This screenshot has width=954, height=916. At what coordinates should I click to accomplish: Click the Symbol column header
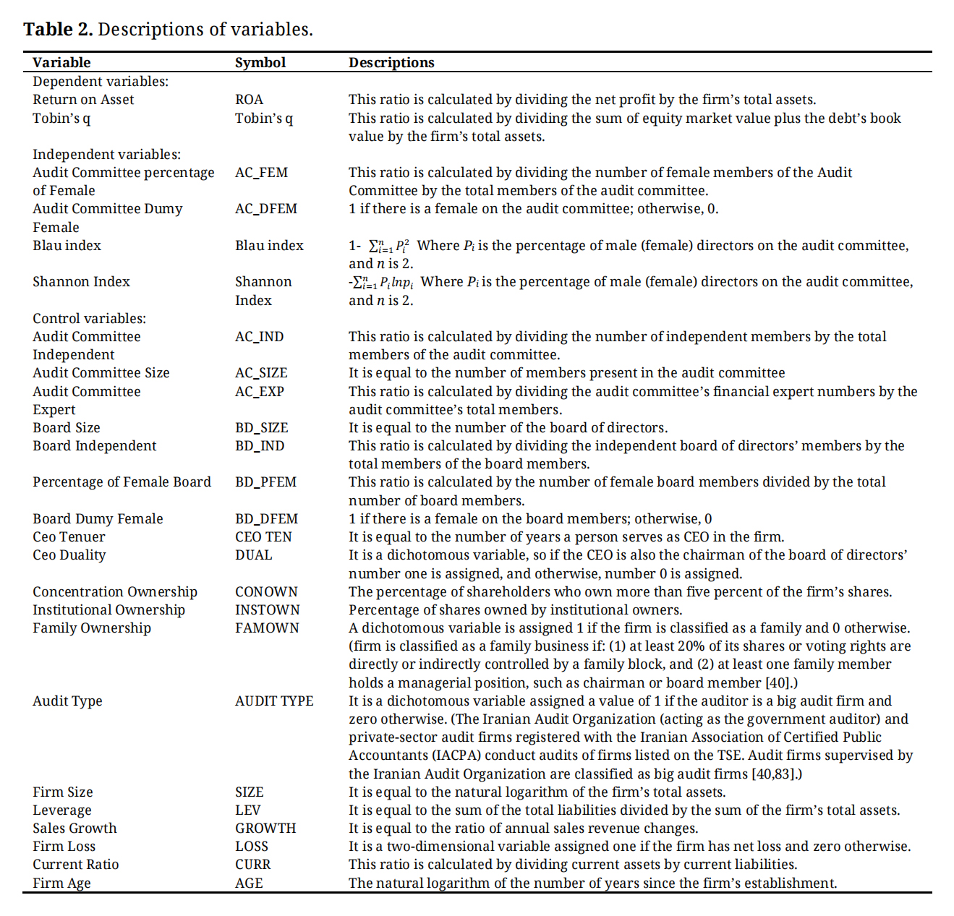tap(260, 62)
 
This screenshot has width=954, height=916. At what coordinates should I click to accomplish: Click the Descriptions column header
tap(391, 62)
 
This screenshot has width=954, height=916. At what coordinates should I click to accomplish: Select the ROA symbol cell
tap(249, 100)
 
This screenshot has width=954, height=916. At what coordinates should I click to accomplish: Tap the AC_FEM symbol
tap(261, 173)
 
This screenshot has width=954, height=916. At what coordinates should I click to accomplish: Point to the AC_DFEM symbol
tap(265, 209)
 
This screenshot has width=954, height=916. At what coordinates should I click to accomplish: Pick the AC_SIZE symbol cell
tap(261, 373)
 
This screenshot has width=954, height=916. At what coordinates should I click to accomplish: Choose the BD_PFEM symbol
tap(265, 482)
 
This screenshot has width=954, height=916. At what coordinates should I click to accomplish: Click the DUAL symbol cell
tap(253, 555)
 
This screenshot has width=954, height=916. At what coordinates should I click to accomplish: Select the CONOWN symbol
tap(266, 592)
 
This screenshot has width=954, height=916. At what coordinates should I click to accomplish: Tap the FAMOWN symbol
tap(267, 628)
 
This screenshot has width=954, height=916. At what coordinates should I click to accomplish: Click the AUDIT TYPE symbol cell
tap(274, 701)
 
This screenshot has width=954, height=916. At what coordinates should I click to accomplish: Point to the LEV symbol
tap(247, 810)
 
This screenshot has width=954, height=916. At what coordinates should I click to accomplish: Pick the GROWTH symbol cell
tap(265, 829)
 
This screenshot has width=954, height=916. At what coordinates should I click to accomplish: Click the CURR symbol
tap(252, 865)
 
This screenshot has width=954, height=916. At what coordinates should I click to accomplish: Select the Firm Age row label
tap(61, 883)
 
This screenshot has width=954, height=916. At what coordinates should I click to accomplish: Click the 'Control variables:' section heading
tap(89, 319)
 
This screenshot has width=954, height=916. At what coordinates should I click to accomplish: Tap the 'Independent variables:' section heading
tap(106, 155)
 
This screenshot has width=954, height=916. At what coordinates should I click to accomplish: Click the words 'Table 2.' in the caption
tap(58, 30)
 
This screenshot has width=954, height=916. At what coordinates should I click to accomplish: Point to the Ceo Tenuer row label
tap(69, 537)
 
